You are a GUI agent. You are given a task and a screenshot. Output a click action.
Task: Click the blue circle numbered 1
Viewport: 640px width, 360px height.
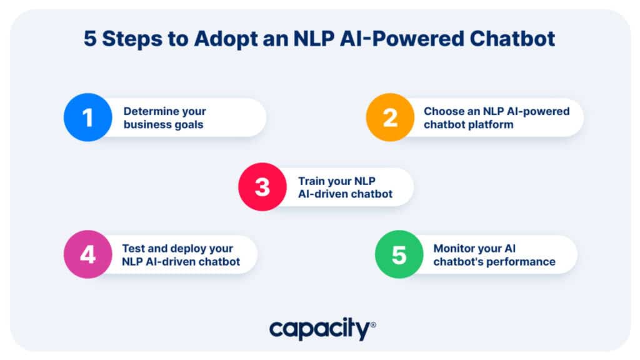click(87, 117)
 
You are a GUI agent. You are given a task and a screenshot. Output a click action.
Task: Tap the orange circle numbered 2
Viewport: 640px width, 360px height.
click(390, 117)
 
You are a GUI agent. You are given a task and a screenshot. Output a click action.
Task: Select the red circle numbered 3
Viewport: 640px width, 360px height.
click(262, 187)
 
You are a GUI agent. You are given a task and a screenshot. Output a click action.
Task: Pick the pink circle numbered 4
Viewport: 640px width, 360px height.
click(87, 254)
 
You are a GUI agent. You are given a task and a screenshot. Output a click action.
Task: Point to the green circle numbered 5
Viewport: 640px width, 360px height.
click(399, 254)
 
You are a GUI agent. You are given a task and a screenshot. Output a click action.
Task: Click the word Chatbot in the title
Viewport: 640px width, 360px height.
click(512, 39)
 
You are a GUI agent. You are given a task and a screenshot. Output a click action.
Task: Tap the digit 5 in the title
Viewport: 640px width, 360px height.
click(90, 39)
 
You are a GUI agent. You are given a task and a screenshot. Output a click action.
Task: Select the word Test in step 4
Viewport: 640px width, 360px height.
click(133, 248)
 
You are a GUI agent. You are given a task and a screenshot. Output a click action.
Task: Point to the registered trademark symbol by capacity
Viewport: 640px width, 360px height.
click(373, 325)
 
